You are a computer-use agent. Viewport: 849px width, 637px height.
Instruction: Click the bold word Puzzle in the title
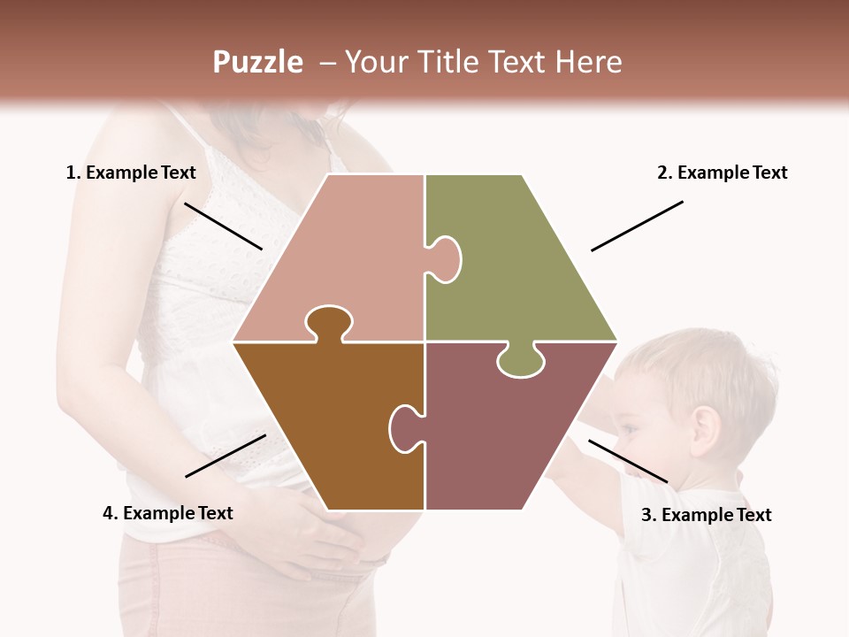coord(257,62)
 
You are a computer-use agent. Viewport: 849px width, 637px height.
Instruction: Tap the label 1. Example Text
coord(131,173)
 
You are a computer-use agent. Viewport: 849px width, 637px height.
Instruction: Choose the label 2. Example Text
coord(722,173)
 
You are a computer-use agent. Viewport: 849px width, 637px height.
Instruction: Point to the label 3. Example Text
coord(706,515)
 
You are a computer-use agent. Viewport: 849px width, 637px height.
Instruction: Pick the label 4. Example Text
coord(168,513)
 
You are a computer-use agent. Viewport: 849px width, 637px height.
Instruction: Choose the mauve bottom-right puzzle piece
coord(504,434)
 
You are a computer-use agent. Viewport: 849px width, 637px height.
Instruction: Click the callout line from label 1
coord(223,226)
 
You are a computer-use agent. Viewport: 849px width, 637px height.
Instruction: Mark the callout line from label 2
coord(637,226)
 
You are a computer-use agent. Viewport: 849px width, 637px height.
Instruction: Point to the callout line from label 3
coord(628,461)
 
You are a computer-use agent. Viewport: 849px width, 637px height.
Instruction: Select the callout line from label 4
coord(226,456)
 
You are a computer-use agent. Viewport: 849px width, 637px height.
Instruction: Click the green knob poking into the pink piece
coord(446,258)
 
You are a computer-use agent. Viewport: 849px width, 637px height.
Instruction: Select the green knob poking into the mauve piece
coord(520,361)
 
